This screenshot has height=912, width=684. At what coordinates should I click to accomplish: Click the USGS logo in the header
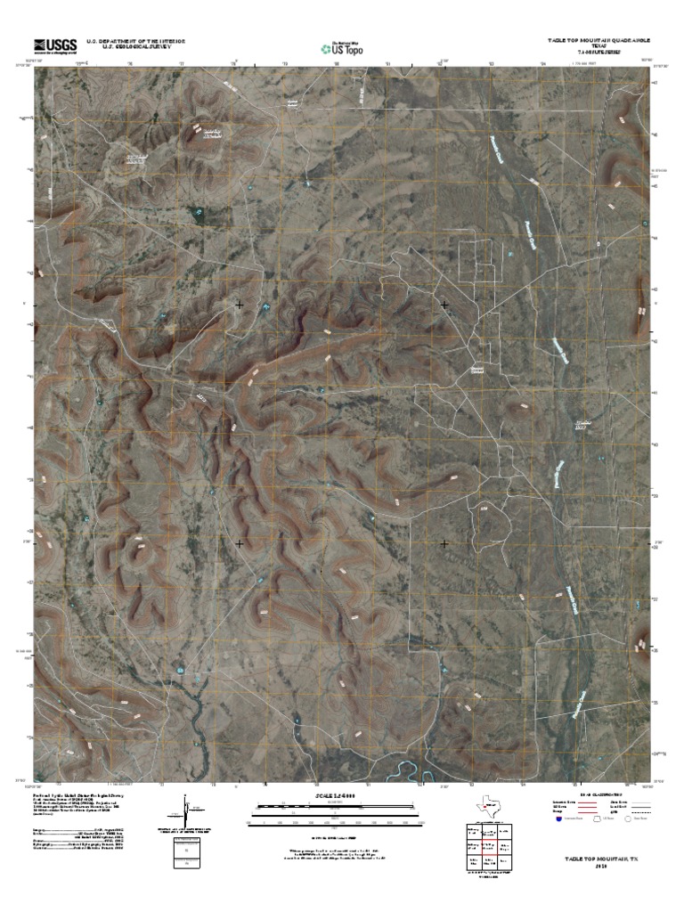[55, 45]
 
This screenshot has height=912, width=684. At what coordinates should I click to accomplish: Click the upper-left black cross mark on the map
[240, 305]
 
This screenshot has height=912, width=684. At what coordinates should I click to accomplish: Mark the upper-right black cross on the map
[444, 305]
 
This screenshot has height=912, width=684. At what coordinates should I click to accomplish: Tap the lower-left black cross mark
[240, 542]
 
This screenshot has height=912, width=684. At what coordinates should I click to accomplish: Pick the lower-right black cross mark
[444, 542]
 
